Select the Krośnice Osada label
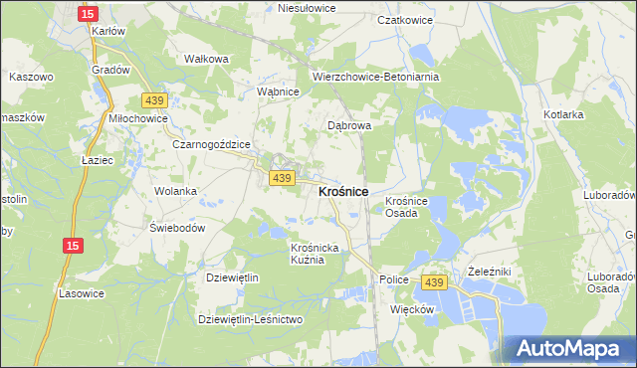point(406,206)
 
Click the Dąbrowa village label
point(349,126)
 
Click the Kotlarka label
point(563,114)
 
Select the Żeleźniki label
point(489,271)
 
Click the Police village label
point(394,279)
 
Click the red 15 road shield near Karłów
point(88,13)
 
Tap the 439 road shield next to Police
point(433,282)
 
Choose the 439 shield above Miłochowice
point(153,100)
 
